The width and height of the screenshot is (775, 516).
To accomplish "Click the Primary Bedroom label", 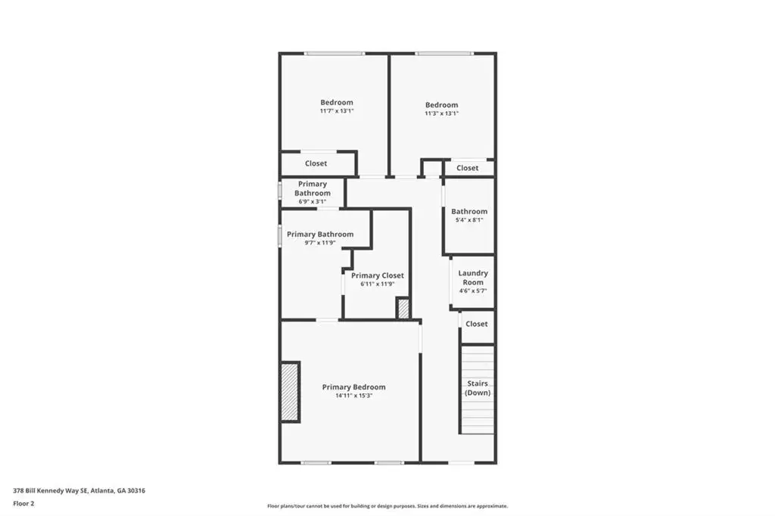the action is (x=354, y=387).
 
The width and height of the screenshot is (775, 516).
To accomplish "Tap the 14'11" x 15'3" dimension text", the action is (x=354, y=396).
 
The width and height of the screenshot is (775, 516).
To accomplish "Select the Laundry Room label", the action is (x=473, y=277).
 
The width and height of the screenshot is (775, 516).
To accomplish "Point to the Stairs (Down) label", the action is (x=478, y=388).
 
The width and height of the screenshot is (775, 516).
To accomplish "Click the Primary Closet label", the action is (x=378, y=275).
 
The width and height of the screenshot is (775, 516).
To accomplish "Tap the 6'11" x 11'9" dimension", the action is (x=378, y=284).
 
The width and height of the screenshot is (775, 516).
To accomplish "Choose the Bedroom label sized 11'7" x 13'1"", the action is (x=337, y=102).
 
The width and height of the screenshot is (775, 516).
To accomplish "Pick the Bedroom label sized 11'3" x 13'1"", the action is (x=442, y=104).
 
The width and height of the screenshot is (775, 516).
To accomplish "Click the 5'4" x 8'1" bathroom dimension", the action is (x=469, y=220).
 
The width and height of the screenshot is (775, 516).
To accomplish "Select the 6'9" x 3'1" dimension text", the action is (x=313, y=202).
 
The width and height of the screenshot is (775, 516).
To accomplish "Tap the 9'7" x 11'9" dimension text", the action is (x=320, y=243).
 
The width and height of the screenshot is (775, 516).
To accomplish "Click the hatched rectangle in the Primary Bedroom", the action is (x=290, y=392).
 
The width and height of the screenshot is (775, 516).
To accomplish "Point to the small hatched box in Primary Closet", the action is (x=403, y=309).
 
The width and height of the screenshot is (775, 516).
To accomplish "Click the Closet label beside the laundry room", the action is (x=477, y=324).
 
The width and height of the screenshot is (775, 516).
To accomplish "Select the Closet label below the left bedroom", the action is (x=316, y=163).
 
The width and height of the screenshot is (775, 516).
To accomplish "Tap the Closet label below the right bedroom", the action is (x=468, y=168).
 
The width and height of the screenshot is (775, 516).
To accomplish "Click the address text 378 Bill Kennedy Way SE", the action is (x=51, y=491).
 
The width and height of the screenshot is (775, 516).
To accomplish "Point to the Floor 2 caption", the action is (x=23, y=504).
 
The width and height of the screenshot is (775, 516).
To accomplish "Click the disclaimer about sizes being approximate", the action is (x=387, y=506).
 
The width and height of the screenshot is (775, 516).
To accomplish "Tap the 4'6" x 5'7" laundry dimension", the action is (x=473, y=291).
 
